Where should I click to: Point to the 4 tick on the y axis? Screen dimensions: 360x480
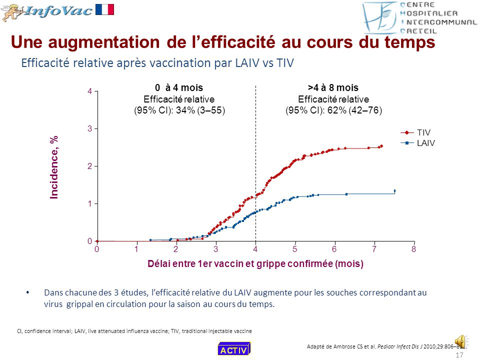89,91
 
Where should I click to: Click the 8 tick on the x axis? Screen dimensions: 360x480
413,249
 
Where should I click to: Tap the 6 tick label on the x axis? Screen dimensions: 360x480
334,249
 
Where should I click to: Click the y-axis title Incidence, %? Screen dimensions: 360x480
54,167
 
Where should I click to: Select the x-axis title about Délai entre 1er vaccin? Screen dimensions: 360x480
255,263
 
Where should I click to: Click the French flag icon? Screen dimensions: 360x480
104,9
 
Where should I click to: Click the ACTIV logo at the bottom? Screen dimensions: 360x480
233,349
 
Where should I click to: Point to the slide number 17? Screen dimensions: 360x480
460,355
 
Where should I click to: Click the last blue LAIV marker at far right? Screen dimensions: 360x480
394,190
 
